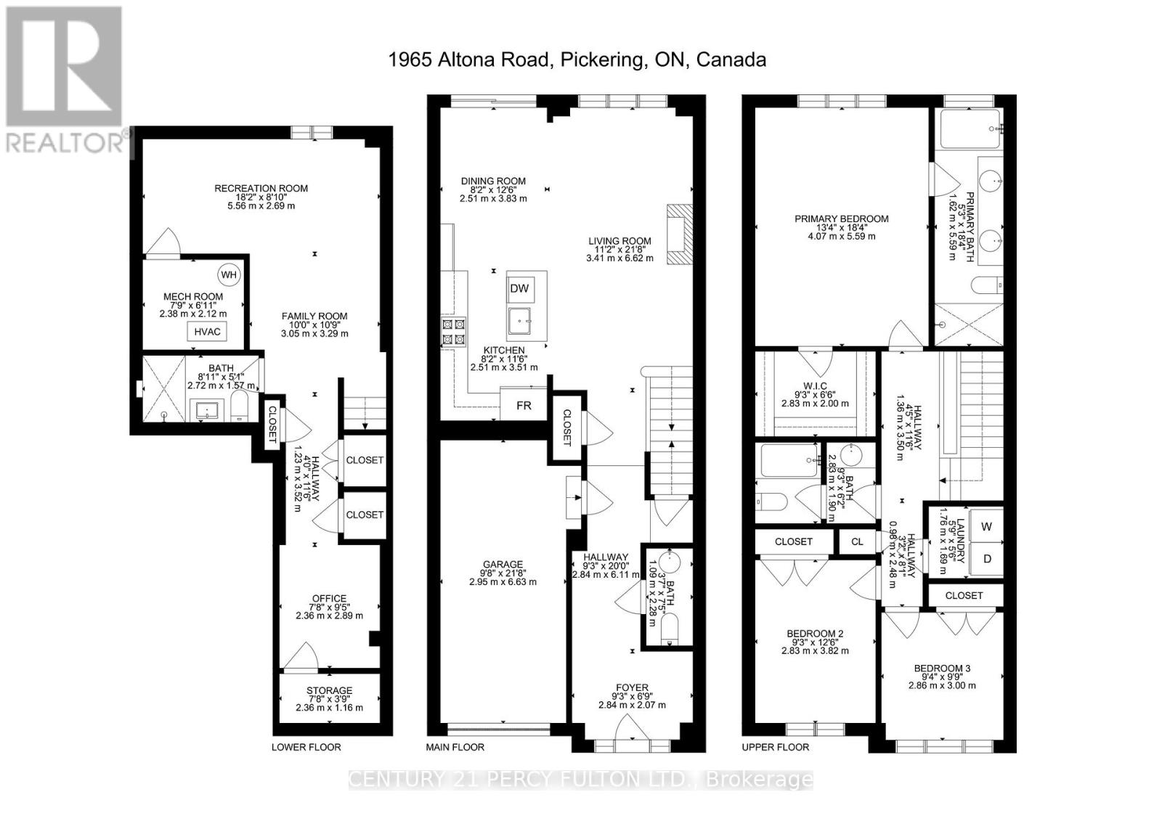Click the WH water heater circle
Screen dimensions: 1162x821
(229, 275)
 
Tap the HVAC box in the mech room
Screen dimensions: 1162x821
(207, 332)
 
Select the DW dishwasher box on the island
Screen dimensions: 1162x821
(519, 289)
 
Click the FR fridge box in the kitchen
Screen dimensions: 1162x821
(524, 405)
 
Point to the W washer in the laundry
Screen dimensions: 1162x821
(986, 526)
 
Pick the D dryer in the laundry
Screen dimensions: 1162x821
(987, 559)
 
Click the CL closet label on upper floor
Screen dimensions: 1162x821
(857, 542)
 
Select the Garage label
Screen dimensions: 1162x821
(503, 564)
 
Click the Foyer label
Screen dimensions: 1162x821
(633, 687)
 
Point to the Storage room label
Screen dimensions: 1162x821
(330, 691)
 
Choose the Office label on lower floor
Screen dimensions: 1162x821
(330, 598)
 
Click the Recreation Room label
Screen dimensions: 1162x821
(261, 188)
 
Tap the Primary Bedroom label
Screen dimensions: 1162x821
(842, 219)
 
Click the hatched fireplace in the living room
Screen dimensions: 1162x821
(680, 234)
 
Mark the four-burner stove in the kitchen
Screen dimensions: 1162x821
(453, 332)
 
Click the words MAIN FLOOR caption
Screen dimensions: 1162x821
(455, 748)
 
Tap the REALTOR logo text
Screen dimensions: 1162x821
(65, 142)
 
